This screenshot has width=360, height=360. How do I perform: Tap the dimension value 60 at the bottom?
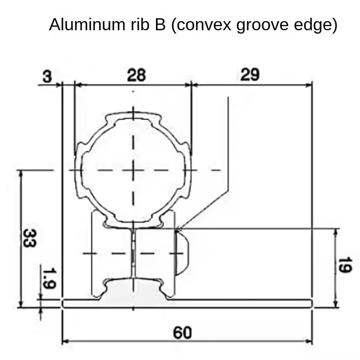(182, 332)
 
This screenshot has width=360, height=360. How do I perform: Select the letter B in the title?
(160, 24)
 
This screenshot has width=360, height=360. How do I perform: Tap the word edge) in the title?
(315, 24)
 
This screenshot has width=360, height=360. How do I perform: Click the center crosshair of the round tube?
(133, 170)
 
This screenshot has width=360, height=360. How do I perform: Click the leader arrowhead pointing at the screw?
(178, 228)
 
